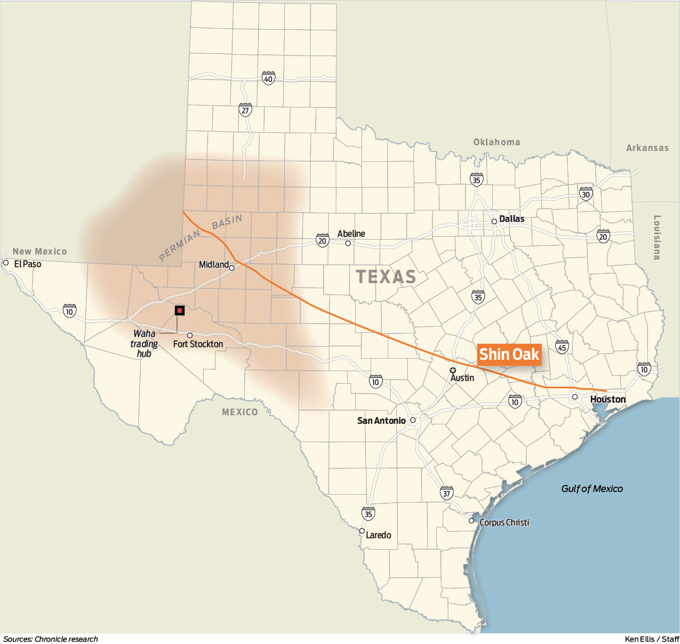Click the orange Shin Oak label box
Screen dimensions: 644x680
(x=509, y=355)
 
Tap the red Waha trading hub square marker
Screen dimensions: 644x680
(x=180, y=311)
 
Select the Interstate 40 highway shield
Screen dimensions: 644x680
(x=268, y=78)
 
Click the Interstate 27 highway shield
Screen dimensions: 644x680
(x=245, y=110)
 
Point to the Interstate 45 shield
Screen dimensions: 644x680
(x=562, y=347)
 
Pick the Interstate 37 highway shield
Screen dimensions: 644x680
(x=447, y=492)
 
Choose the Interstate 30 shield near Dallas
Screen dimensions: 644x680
(x=586, y=193)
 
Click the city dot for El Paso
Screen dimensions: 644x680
(x=6, y=263)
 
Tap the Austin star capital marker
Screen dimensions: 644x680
(x=453, y=371)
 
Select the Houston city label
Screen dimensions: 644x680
(x=607, y=399)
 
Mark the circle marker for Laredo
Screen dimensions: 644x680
(x=361, y=531)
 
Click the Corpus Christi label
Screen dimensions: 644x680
(x=504, y=522)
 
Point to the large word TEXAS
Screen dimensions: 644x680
(x=386, y=277)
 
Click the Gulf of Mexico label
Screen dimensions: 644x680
(x=592, y=488)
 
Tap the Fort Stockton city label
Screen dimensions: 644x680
(x=198, y=344)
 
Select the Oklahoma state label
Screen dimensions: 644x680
(x=496, y=142)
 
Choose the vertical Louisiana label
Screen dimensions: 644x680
(x=657, y=237)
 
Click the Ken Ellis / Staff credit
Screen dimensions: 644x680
(x=651, y=639)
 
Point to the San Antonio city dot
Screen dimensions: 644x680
(x=412, y=420)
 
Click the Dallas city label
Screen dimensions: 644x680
(x=511, y=218)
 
